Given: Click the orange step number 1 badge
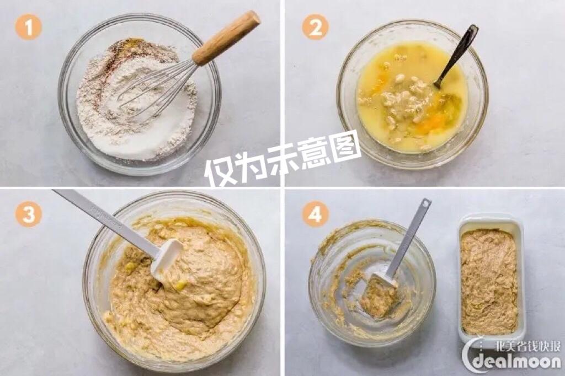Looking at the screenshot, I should pos(28,26).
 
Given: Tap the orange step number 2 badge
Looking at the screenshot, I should pos(315,26).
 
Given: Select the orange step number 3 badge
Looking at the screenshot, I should pos(28,214).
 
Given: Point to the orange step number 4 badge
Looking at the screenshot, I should pos(315,214).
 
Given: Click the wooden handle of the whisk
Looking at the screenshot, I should pos(226,37).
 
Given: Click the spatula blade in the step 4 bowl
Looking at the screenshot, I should pos(381,295).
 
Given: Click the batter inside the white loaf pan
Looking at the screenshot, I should pos(489,281).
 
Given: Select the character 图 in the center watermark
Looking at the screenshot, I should pos(345,146).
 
